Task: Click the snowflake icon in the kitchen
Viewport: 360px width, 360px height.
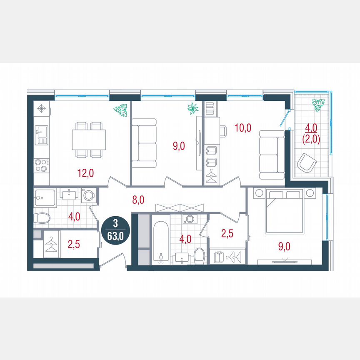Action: pyautogui.click(x=41, y=109)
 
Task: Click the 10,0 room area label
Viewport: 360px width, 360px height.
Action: pyautogui.click(x=242, y=127)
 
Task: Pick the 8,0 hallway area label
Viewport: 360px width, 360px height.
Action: pyautogui.click(x=138, y=200)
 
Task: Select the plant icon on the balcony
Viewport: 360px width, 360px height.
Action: pyautogui.click(x=318, y=105)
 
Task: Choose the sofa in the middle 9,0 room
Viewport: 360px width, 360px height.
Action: pyautogui.click(x=144, y=143)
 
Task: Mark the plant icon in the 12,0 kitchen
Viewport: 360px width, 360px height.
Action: pyautogui.click(x=120, y=110)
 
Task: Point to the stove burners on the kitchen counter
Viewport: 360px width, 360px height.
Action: pyautogui.click(x=41, y=165)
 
